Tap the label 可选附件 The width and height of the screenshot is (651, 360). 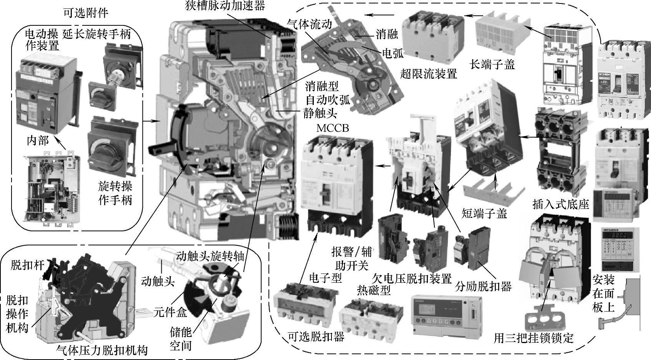point(86,13)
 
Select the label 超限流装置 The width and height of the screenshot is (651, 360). point(428,73)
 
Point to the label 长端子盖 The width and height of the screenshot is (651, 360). point(492,65)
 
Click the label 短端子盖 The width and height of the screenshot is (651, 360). point(484,213)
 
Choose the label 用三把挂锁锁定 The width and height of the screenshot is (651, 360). point(533,338)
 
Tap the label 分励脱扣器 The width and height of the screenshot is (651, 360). point(484,286)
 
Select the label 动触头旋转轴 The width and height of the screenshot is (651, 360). point(210,256)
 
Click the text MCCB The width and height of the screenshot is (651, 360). point(333,128)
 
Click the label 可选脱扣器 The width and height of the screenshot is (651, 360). point(316,337)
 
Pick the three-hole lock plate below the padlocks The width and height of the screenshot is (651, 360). point(542,321)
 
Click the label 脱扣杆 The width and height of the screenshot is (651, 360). point(27,265)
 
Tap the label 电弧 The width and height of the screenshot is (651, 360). point(393,53)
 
